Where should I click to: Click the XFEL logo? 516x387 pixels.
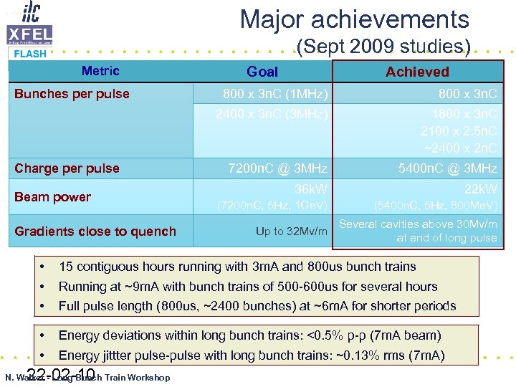pos(29,34)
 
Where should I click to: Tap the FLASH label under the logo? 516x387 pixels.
pos(30,54)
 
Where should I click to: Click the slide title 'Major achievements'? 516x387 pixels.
pos(354,19)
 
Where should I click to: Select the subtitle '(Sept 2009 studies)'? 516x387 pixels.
pos(383,47)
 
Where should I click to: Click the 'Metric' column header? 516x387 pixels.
pos(100,71)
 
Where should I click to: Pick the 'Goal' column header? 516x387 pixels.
pos(262,72)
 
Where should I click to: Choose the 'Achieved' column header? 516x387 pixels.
pos(417,72)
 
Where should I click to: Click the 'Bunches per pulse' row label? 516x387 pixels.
pos(72,94)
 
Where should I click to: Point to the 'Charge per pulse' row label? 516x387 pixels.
pos(67,168)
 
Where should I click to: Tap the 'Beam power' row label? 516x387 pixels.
pos(52,197)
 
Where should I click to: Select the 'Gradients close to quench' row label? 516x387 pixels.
pos(95,231)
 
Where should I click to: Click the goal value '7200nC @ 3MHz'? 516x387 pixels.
pos(277,168)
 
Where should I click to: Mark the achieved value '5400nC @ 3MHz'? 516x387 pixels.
pos(447,168)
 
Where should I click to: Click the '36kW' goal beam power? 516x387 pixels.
pos(311,189)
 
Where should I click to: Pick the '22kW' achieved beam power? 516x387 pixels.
pos(480,189)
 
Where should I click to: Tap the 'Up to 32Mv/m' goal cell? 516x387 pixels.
pos(291,231)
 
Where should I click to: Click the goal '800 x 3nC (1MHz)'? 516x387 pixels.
pos(275,94)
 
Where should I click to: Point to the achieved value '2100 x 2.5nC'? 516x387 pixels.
pos(459,131)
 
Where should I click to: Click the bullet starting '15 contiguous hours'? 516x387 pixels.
pos(237,267)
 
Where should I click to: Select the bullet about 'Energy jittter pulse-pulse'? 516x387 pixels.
pos(252,355)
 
